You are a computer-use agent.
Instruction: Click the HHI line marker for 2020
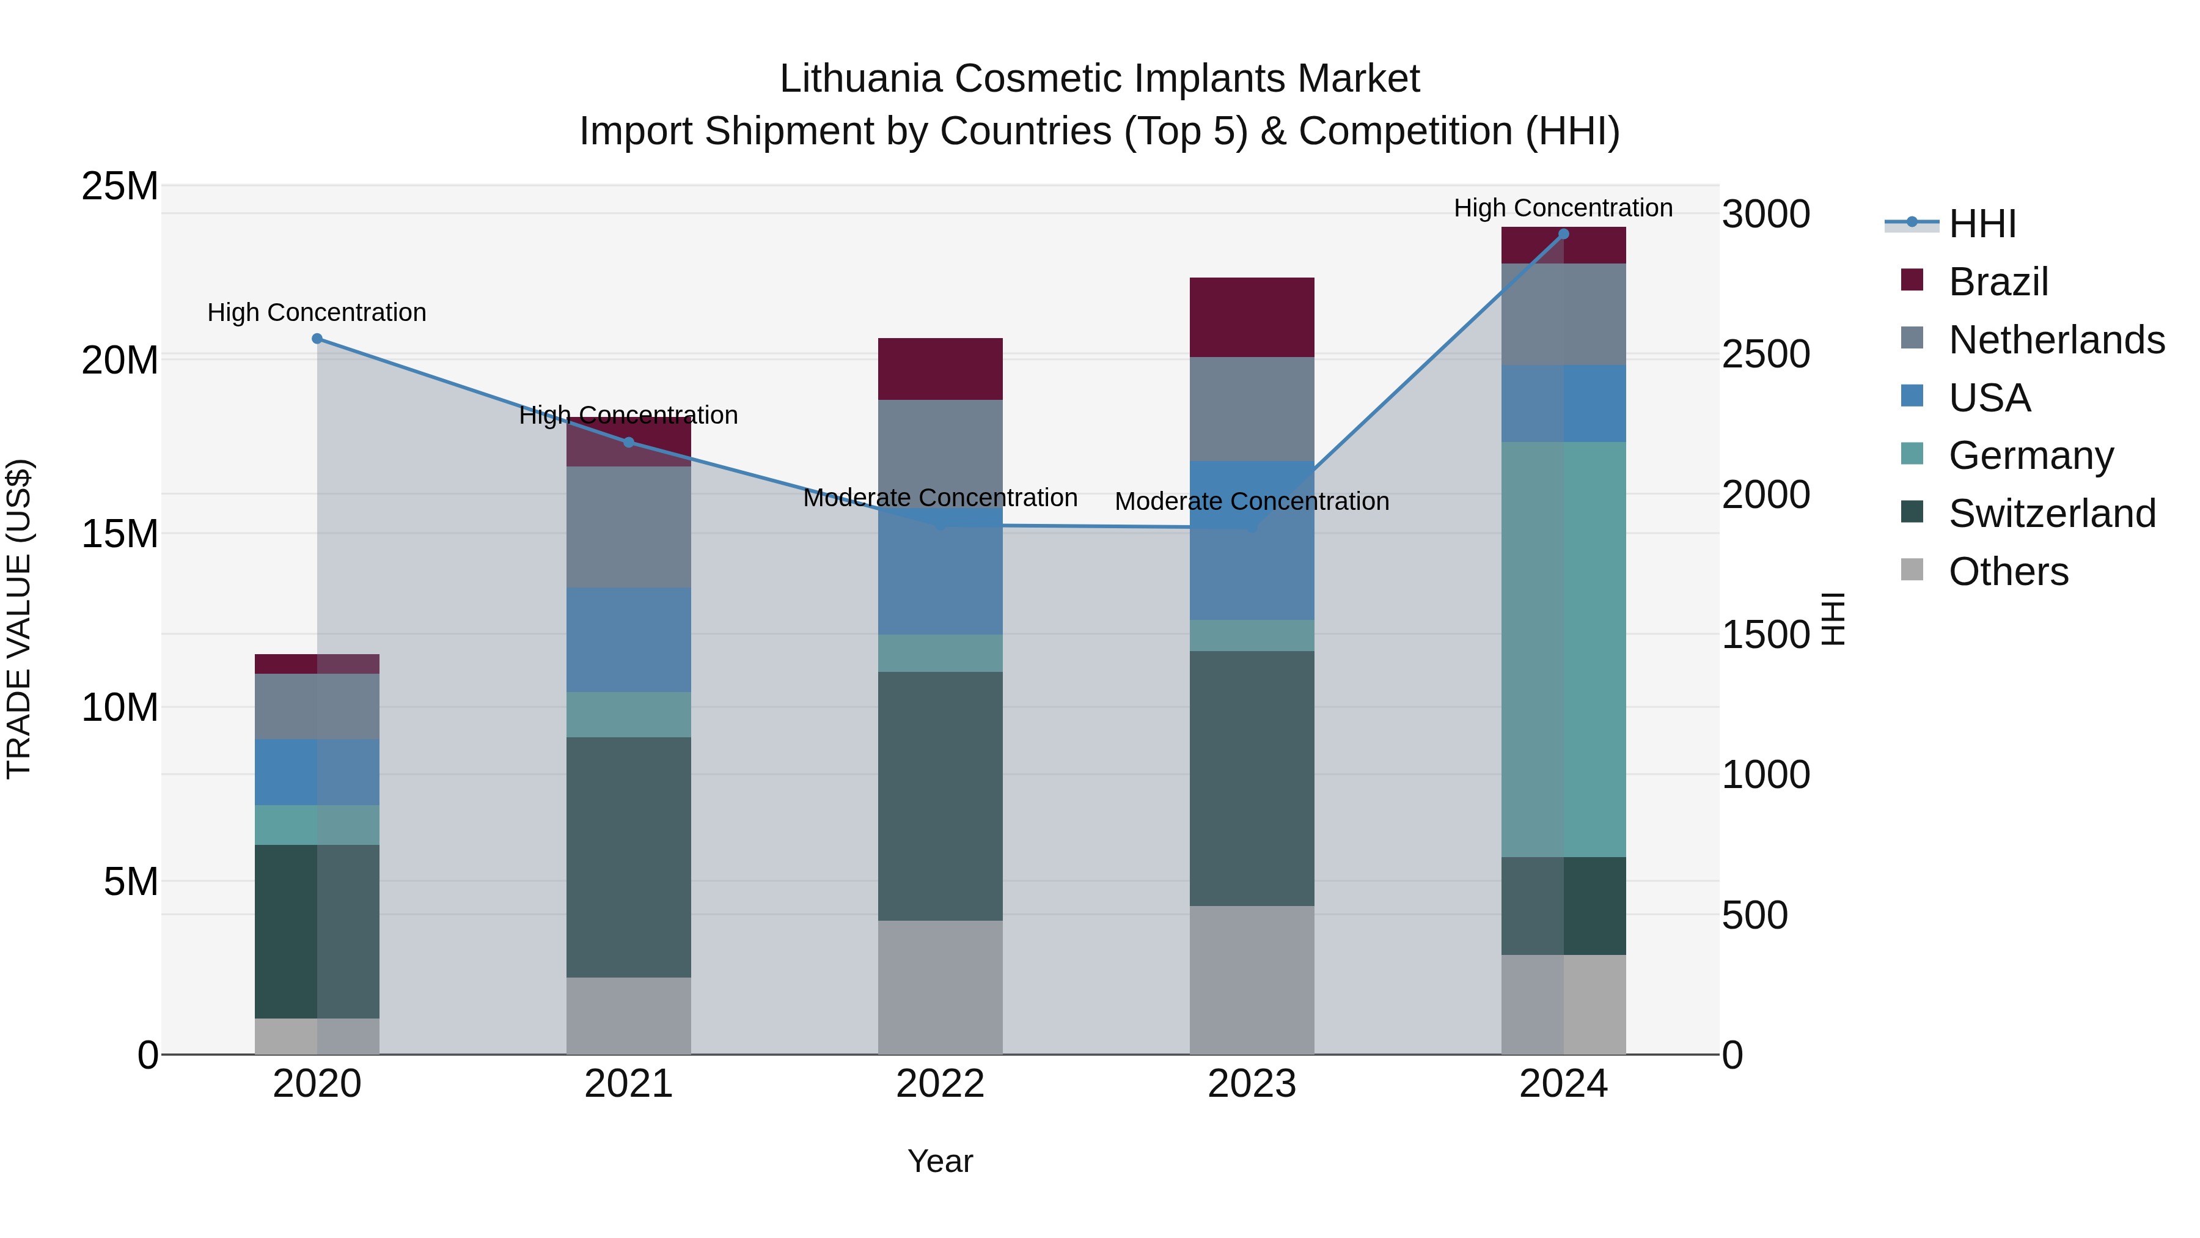tap(317, 338)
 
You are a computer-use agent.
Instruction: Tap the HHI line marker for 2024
tap(1564, 234)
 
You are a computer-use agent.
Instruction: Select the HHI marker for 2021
tap(629, 442)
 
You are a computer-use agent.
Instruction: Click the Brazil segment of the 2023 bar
tap(1252, 317)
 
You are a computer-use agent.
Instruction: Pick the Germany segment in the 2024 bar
tap(1564, 649)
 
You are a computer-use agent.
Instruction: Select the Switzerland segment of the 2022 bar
tap(941, 795)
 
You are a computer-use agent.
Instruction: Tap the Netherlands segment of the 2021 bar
tap(629, 526)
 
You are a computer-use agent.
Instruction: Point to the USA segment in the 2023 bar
tap(1252, 540)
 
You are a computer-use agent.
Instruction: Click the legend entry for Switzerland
tap(2050, 514)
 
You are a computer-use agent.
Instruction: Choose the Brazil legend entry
tap(1998, 281)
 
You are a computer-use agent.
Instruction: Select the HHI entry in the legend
tap(1981, 224)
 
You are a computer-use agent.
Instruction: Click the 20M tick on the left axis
tap(120, 359)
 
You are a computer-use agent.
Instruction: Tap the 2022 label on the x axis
tap(941, 1084)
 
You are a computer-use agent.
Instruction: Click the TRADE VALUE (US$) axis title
tap(19, 619)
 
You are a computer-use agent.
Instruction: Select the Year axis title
tap(941, 1161)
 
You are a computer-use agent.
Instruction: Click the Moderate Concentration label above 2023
tap(1252, 501)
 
